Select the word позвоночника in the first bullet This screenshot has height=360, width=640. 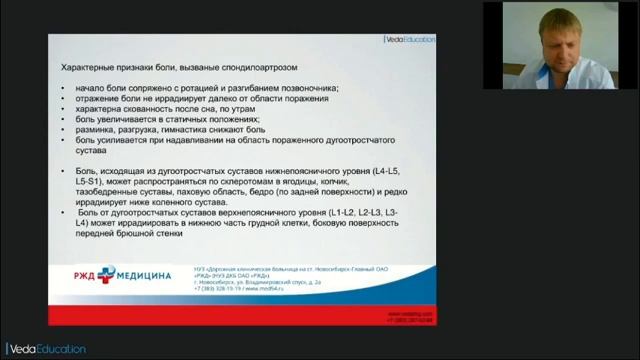tap(304, 90)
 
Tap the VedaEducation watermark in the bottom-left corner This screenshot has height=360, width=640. tap(44, 349)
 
